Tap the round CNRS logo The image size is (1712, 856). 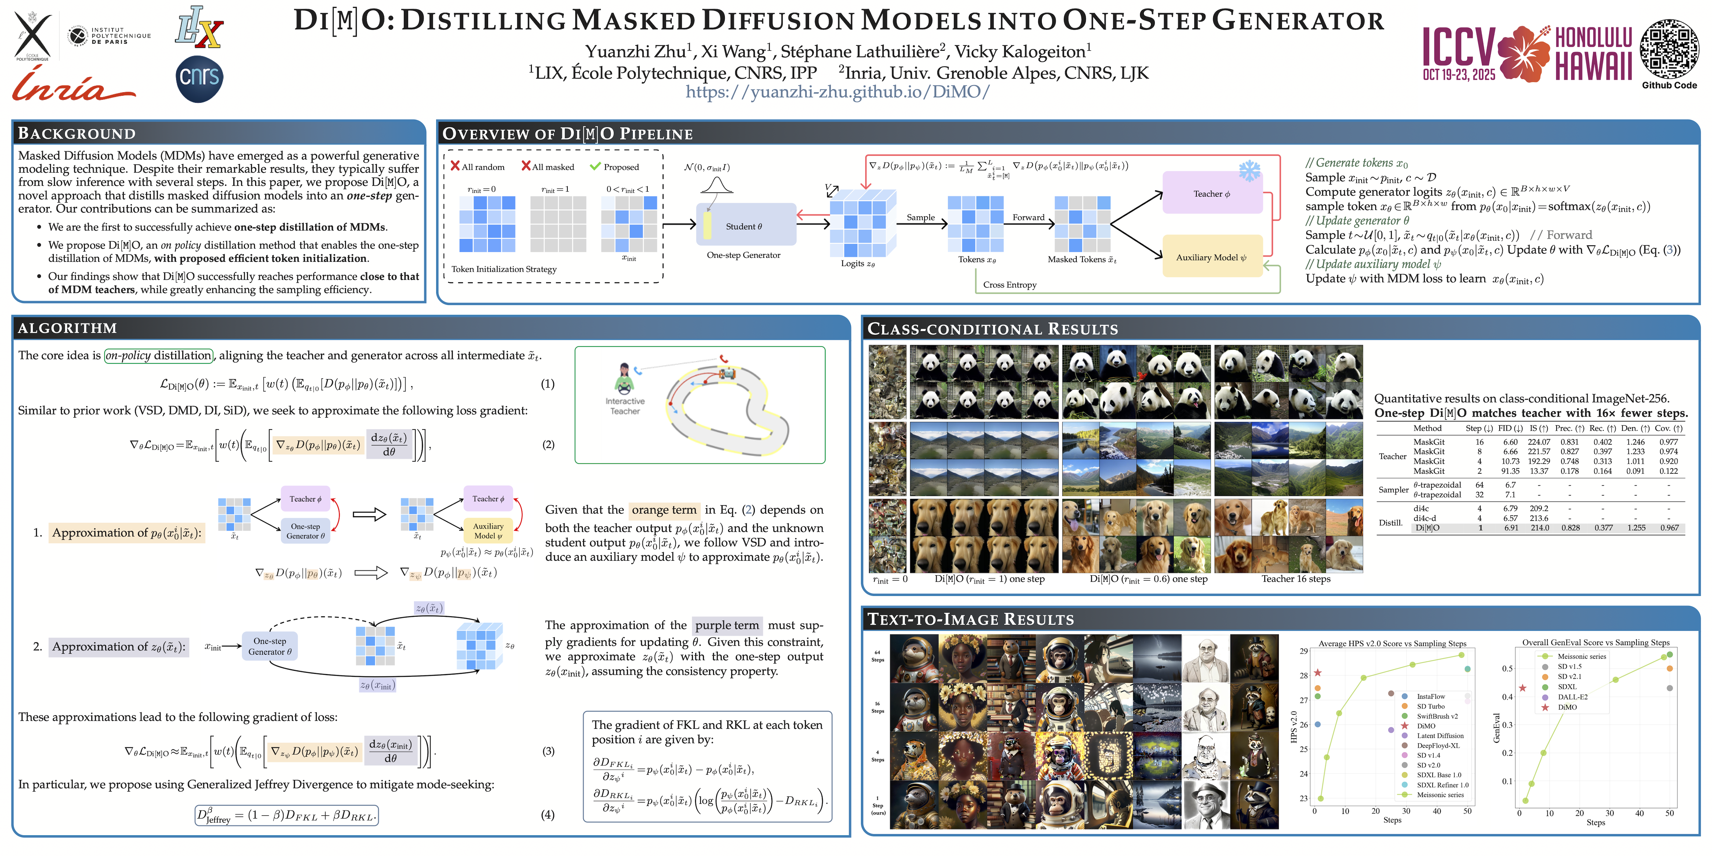(199, 79)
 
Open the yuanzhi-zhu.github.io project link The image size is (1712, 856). (837, 92)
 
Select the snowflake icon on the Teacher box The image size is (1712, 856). (1249, 171)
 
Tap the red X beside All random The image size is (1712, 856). (455, 166)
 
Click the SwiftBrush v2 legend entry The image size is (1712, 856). (1437, 717)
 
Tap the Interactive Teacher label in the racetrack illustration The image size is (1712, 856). (625, 406)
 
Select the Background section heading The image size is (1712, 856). (77, 134)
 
